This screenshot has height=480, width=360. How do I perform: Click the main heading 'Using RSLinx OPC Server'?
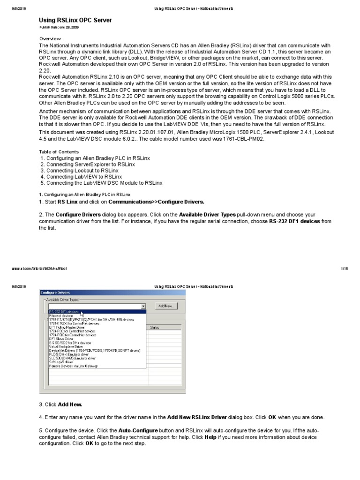[75, 21]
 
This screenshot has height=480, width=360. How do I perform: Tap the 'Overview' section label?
[50, 38]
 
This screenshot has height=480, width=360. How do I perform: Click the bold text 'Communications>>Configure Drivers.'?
[156, 202]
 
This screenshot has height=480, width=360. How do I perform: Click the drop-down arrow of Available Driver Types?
[143, 306]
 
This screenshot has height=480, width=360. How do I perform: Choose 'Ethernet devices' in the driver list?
[61, 316]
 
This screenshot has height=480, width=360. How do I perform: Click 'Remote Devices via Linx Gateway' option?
[74, 366]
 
